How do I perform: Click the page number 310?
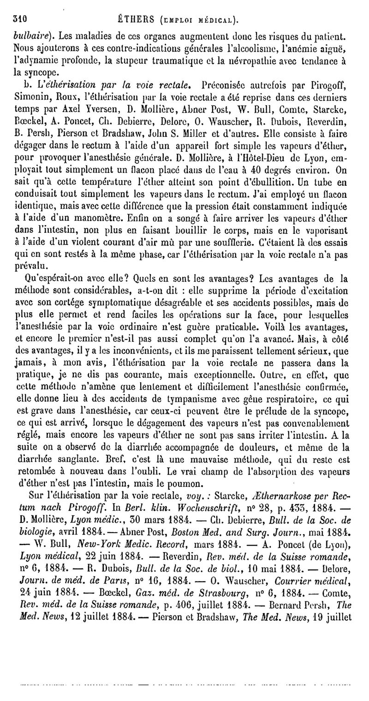(22, 19)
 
